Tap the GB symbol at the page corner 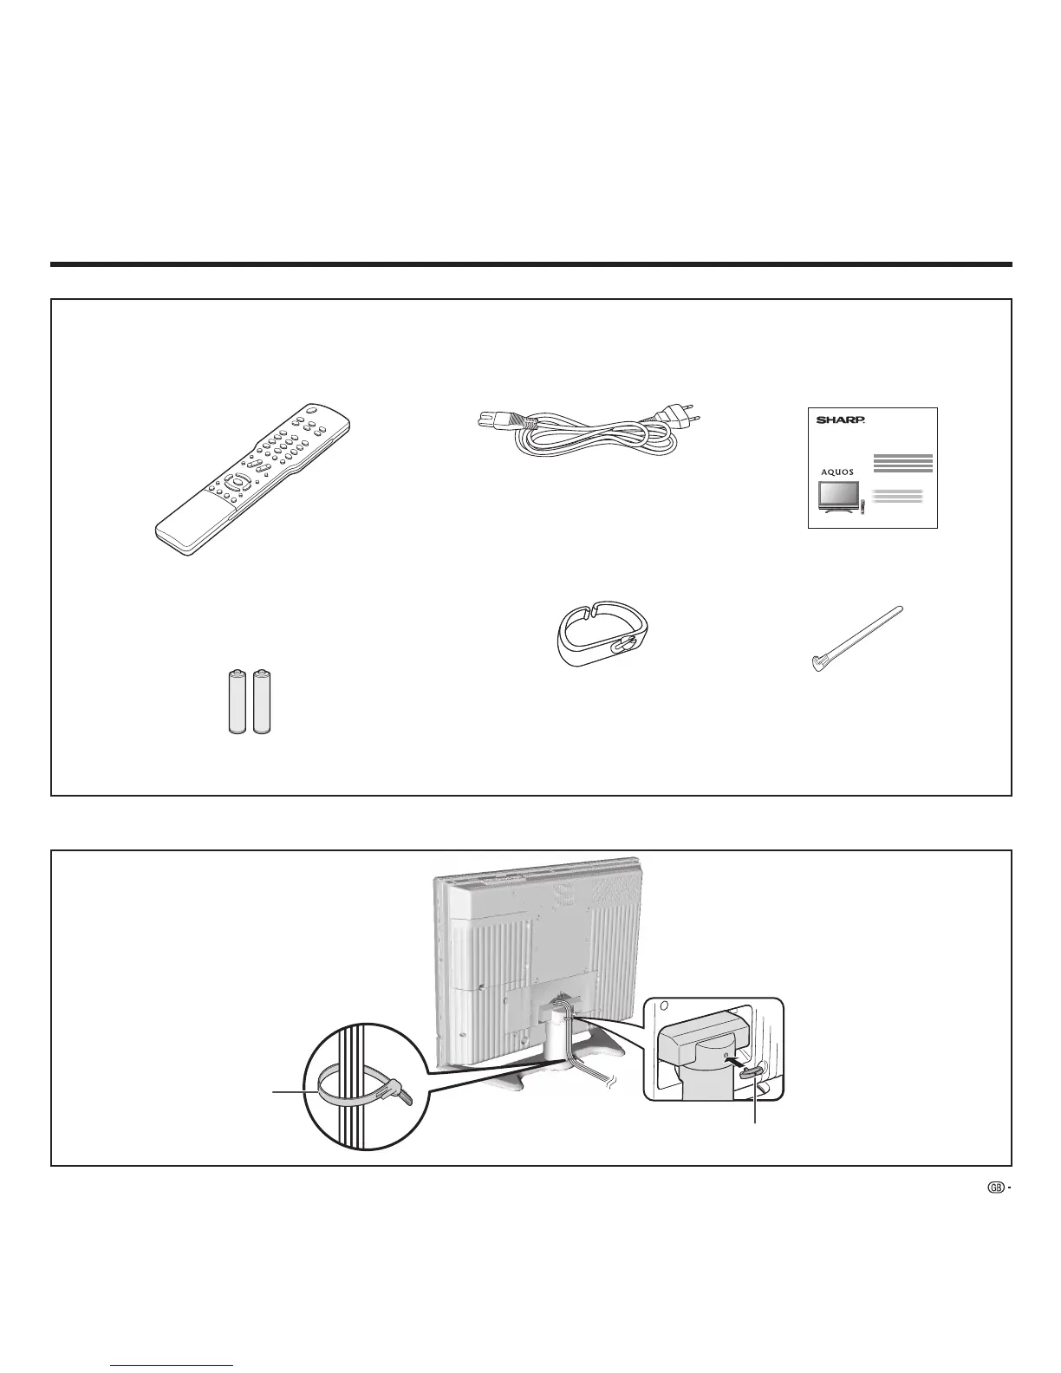[x=995, y=1189]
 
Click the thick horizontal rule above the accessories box [x=530, y=264]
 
